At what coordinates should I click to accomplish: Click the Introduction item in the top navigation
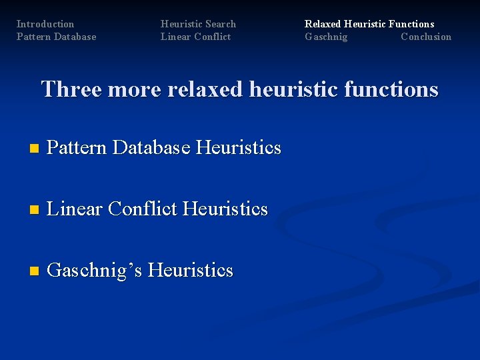coord(45,24)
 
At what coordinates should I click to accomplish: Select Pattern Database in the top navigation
coord(56,37)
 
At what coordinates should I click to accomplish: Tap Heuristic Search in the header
coord(198,24)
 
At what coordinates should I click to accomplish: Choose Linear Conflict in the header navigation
coord(195,37)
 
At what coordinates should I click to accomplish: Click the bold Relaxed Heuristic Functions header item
coord(369,24)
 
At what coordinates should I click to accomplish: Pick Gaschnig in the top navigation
coord(326,37)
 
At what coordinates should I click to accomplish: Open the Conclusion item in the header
coord(425,37)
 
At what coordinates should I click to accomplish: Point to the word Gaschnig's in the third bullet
coord(95,271)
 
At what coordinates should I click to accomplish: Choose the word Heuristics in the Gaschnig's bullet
coord(190,270)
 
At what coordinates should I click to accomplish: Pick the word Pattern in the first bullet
coord(77,147)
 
